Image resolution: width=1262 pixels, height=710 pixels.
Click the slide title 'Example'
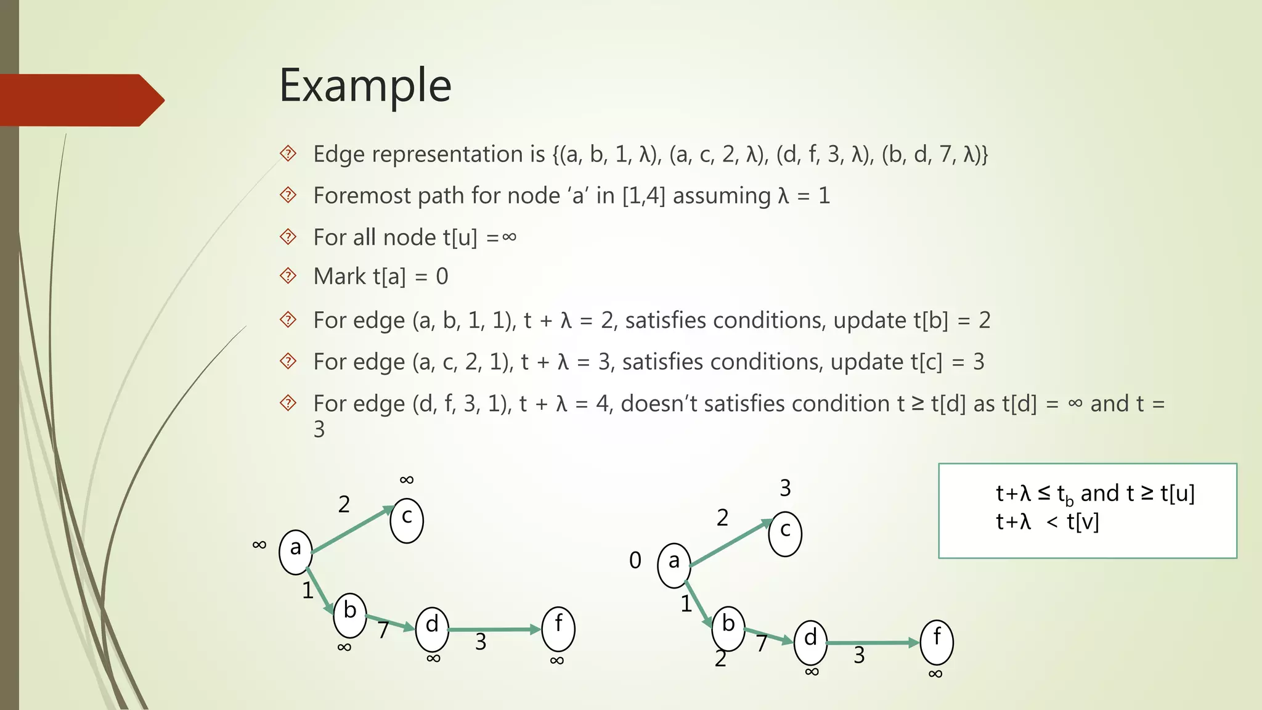click(365, 86)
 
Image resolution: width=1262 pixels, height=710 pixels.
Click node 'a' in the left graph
click(296, 549)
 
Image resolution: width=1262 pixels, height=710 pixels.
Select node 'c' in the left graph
click(407, 519)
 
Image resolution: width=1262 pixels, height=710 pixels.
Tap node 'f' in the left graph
click(558, 627)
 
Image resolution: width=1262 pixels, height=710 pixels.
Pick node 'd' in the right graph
click(810, 641)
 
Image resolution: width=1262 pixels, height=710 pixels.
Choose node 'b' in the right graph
click(728, 627)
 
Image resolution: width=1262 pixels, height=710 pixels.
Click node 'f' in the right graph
click(937, 640)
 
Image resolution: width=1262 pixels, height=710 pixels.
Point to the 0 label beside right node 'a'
click(635, 560)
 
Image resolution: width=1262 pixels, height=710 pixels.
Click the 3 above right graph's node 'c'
click(785, 488)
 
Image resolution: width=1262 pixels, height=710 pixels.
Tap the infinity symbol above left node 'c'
click(407, 479)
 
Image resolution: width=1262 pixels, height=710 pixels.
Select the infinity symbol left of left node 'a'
click(259, 544)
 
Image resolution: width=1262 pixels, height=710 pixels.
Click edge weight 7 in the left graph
click(383, 630)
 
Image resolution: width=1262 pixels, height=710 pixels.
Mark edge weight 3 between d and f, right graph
click(859, 655)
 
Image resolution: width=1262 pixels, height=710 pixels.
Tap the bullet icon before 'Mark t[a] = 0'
click(288, 275)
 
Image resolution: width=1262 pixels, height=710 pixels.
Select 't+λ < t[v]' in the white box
click(1048, 522)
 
